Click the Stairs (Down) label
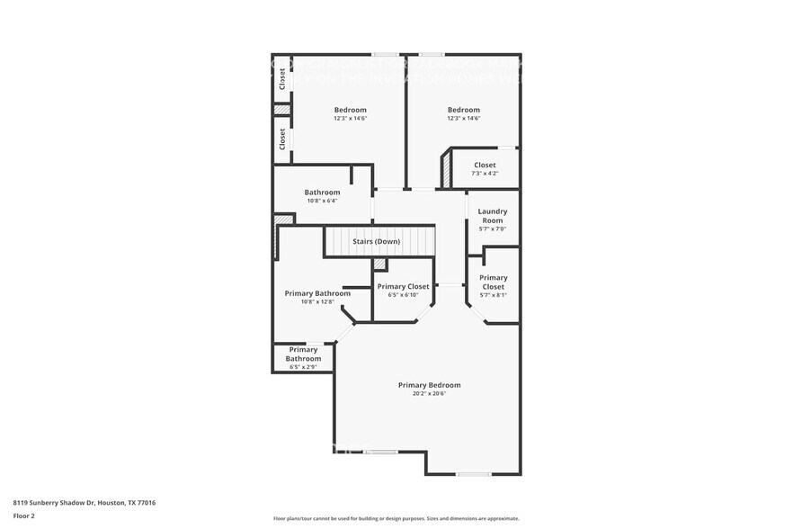click(x=376, y=242)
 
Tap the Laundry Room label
click(x=492, y=216)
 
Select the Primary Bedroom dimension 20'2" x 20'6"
click(x=429, y=393)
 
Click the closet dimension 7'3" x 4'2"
click(x=485, y=174)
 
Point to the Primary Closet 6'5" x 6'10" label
click(x=403, y=287)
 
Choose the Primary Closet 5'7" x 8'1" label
click(x=493, y=282)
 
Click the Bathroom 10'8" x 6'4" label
click(x=322, y=193)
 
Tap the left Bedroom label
click(x=350, y=110)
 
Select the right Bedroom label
click(x=463, y=110)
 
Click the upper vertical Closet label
click(x=282, y=79)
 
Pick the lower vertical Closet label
click(x=282, y=139)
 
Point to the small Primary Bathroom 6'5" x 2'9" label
click(x=303, y=354)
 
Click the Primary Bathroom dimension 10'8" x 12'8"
click(x=317, y=302)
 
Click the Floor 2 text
click(x=23, y=516)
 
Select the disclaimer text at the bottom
click(x=396, y=518)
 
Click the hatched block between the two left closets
click(x=282, y=110)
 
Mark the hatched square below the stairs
click(x=379, y=264)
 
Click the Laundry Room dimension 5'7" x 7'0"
click(x=492, y=229)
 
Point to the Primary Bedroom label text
click(x=429, y=385)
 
